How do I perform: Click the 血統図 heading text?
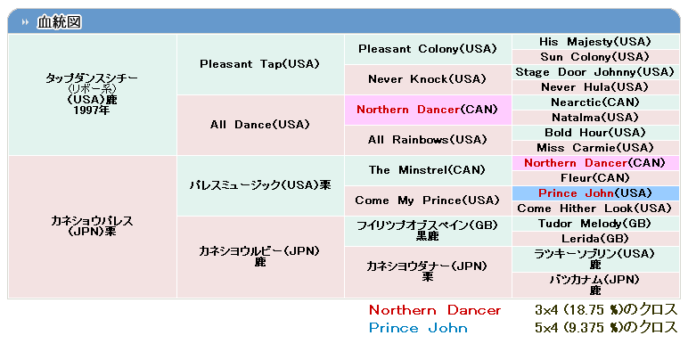pos(59,22)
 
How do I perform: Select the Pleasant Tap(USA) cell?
pos(260,64)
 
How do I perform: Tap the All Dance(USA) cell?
pos(260,125)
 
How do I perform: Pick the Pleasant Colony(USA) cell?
pos(428,49)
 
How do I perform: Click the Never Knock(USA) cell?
pos(428,79)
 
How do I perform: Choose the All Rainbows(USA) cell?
pos(428,140)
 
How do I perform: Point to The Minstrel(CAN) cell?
pos(428,170)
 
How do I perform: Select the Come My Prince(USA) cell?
pos(428,200)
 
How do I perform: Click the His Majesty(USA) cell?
pos(595,42)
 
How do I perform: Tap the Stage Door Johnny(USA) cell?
pos(595,72)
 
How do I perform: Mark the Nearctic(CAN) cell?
pos(595,102)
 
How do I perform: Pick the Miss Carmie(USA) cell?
pos(595,148)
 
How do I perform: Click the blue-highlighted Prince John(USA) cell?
pos(595,193)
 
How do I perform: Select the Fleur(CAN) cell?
pos(595,178)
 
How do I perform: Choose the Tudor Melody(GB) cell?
pos(595,223)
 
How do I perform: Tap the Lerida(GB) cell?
pos(595,239)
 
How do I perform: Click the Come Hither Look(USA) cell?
pos(595,209)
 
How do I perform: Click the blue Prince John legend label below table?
pos(418,328)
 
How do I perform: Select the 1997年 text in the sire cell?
pos(92,110)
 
